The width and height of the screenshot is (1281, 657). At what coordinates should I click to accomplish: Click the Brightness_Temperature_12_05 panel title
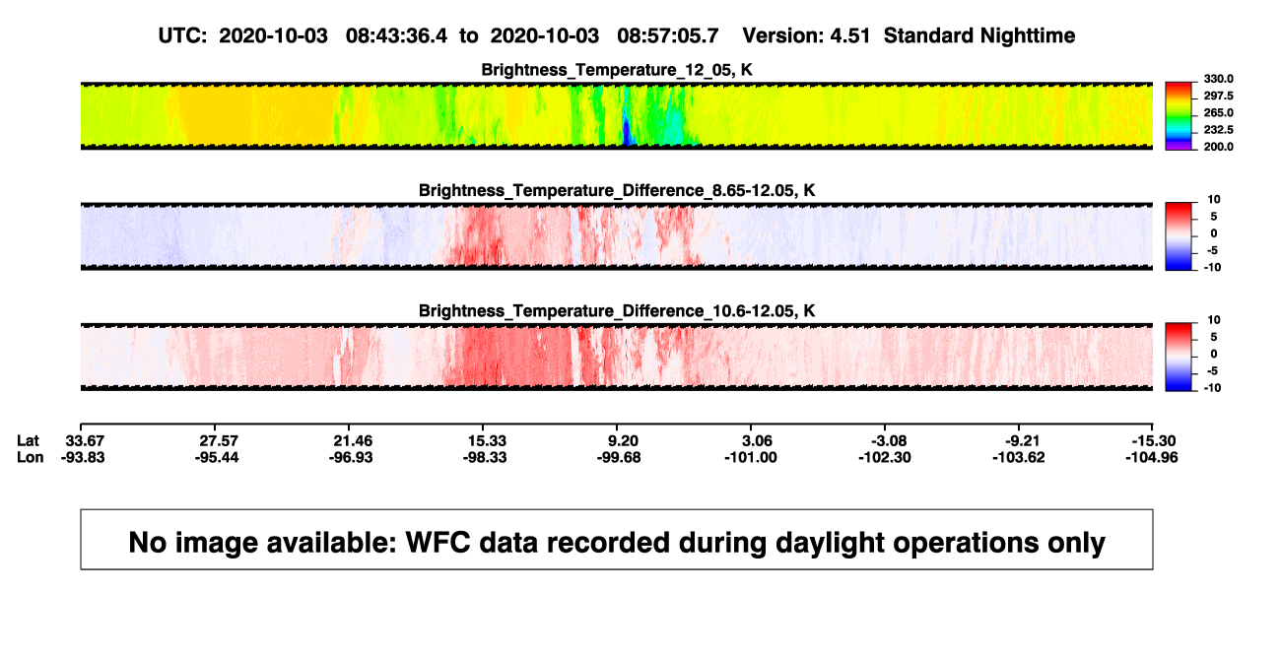tap(617, 70)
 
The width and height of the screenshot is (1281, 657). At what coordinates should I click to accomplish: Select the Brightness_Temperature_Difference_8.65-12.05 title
tap(617, 190)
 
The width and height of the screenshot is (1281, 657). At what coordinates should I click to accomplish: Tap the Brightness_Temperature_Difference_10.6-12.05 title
tap(617, 311)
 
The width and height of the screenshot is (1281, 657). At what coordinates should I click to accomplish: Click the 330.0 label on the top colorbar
tap(1218, 79)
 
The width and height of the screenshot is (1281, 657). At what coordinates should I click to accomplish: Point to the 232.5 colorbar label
tap(1218, 130)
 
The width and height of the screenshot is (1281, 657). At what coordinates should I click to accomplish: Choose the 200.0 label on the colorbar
tap(1218, 147)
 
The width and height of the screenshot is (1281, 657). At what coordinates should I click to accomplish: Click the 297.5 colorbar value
tap(1218, 97)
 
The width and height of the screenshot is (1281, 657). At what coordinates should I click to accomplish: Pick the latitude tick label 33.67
tap(85, 441)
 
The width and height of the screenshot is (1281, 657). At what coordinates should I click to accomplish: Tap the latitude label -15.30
tap(1154, 441)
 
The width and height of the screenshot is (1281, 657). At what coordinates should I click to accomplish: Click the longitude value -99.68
tap(619, 457)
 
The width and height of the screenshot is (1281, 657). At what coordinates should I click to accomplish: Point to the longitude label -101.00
tap(751, 457)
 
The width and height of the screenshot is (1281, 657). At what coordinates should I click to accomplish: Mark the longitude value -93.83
tap(83, 457)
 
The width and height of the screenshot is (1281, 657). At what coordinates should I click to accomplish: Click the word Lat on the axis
tap(28, 441)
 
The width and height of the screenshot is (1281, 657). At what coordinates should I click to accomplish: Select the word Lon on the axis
tap(30, 457)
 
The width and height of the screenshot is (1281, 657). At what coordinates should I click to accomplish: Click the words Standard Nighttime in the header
tap(979, 36)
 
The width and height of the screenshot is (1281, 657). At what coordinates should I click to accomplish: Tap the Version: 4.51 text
tap(806, 36)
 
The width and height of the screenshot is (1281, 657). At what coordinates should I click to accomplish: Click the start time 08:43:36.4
tap(396, 36)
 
